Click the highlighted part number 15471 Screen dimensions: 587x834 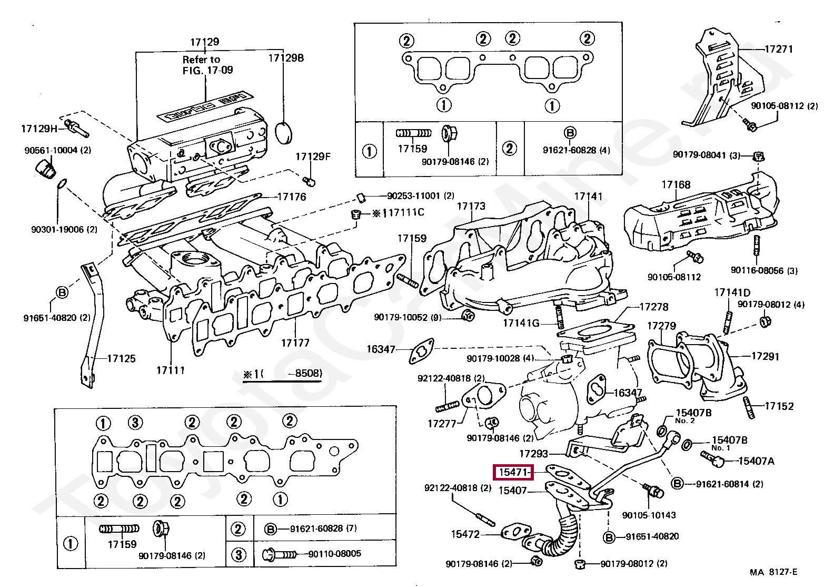pos(513,473)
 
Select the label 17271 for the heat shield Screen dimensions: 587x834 pos(778,49)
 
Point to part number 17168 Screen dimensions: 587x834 pos(676,184)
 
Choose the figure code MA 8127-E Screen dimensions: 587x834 pos(773,572)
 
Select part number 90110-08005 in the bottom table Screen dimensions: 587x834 pos(335,553)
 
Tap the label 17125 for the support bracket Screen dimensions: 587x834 pos(121,359)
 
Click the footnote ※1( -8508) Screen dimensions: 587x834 pos(282,374)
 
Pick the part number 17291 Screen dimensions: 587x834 pos(764,356)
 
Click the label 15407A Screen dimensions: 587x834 pos(756,461)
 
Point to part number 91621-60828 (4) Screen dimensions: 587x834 pos(577,150)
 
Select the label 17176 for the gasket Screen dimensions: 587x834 pos(291,197)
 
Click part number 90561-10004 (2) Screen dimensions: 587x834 pos(57,150)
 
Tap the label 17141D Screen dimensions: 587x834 pos(732,292)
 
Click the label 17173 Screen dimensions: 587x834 pos(471,206)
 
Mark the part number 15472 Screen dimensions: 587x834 pos(465,534)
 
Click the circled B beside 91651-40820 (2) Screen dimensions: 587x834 pos(62,292)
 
